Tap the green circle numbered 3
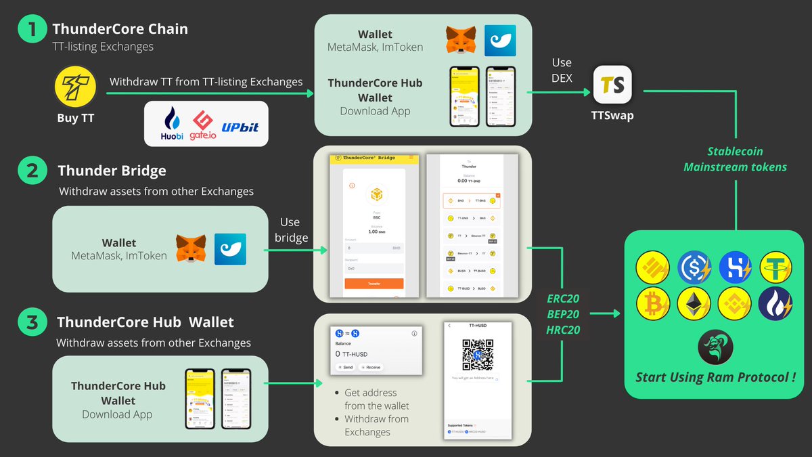point(31,323)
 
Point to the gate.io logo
point(203,123)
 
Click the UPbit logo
point(240,126)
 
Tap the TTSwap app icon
point(612,85)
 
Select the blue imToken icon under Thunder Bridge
point(230,248)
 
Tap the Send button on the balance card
point(345,367)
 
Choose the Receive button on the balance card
point(370,367)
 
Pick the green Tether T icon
point(775,267)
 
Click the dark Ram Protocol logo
point(715,347)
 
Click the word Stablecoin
point(735,152)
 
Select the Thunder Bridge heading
point(112,171)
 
